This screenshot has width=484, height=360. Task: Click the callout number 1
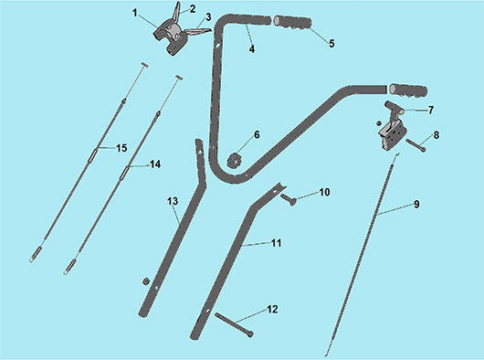(134, 13)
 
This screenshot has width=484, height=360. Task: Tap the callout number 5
(331, 44)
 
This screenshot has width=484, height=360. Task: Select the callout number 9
(416, 205)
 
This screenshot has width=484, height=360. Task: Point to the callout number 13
(173, 201)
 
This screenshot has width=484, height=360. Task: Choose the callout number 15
(121, 148)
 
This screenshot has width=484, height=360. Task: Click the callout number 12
(272, 309)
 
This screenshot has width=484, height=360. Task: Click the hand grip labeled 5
(292, 23)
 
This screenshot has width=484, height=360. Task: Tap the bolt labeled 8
(416, 145)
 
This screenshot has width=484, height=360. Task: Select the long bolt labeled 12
(235, 325)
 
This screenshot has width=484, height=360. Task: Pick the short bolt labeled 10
(289, 199)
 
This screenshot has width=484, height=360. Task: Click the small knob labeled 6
(235, 161)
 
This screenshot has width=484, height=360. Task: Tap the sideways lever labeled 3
(197, 31)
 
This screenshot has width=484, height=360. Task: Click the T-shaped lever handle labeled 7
(394, 110)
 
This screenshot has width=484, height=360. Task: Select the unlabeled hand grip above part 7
(408, 90)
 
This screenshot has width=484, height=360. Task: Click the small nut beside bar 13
(144, 281)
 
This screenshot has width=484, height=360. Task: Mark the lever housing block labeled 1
(170, 37)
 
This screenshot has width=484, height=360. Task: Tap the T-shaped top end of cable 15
(145, 65)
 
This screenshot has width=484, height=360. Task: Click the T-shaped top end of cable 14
(179, 77)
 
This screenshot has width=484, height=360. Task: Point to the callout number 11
(277, 243)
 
